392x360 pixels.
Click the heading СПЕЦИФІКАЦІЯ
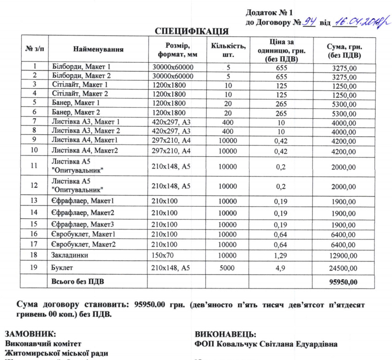click(x=192, y=32)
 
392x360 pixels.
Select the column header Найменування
click(x=98, y=49)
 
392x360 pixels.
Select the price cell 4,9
click(x=280, y=268)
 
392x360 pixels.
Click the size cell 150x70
click(x=164, y=255)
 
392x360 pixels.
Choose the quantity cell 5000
click(x=227, y=268)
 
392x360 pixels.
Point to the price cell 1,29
click(x=280, y=255)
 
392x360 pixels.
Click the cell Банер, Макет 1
click(x=76, y=103)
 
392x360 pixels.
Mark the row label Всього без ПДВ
click(x=77, y=282)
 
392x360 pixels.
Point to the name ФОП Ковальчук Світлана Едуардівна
click(x=267, y=344)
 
